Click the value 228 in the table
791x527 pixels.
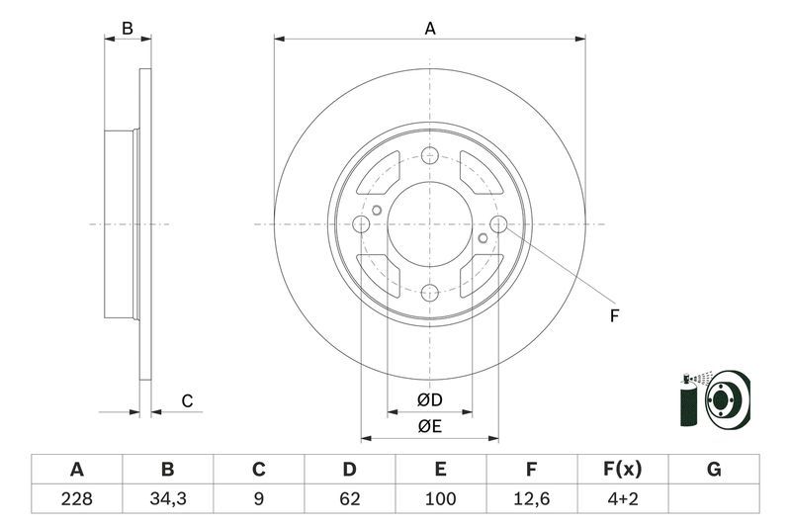coord(76,499)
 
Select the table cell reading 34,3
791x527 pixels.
coord(167,499)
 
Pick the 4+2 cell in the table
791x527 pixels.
coord(623,499)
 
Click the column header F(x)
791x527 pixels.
coord(623,469)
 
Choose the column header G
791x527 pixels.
coord(714,469)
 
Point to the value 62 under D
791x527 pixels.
coord(349,499)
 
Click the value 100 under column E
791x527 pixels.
coord(440,499)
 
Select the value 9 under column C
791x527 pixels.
coord(258,499)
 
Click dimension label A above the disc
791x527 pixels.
coord(430,29)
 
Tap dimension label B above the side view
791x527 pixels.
coord(127,29)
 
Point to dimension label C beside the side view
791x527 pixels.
coord(186,400)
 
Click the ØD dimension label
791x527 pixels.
coord(429,400)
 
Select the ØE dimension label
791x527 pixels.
coord(429,426)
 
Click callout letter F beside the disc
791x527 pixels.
coord(614,316)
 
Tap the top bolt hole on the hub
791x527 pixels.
coord(430,155)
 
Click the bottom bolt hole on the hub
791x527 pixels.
coord(430,293)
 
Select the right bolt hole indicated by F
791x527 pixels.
coord(498,224)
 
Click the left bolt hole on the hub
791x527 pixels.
coord(362,224)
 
